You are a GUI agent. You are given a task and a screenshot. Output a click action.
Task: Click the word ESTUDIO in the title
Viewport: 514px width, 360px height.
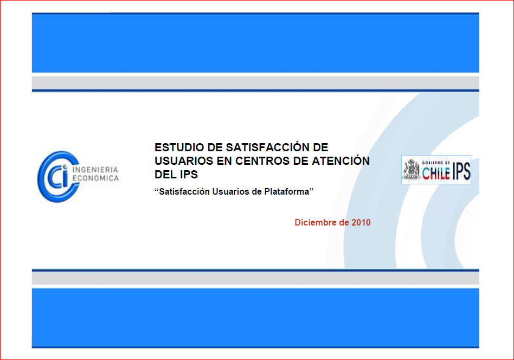tap(179, 147)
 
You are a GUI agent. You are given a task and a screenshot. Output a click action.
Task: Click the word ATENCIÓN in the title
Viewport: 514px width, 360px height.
tap(340, 160)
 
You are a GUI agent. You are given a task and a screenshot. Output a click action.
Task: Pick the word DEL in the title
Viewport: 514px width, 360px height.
tap(165, 175)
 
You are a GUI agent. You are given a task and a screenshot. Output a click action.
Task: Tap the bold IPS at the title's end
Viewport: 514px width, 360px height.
tap(189, 175)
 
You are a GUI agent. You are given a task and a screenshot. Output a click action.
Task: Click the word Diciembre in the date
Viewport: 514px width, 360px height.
tap(316, 222)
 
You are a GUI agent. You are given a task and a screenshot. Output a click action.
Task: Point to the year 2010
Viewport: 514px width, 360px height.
tap(361, 222)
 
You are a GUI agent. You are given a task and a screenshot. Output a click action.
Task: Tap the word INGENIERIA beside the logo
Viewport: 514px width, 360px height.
tap(95, 170)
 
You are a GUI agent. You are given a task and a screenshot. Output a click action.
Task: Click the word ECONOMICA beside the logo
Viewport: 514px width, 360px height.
tap(95, 178)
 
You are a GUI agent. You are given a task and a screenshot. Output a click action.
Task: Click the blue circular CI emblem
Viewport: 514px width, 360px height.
tap(59, 177)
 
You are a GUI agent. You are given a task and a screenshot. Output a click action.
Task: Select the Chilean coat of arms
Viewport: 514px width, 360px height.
tap(411, 170)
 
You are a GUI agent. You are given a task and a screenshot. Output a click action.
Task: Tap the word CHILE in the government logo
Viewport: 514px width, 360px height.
tap(436, 173)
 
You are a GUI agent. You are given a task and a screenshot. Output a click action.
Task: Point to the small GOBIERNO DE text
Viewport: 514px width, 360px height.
tap(436, 163)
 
